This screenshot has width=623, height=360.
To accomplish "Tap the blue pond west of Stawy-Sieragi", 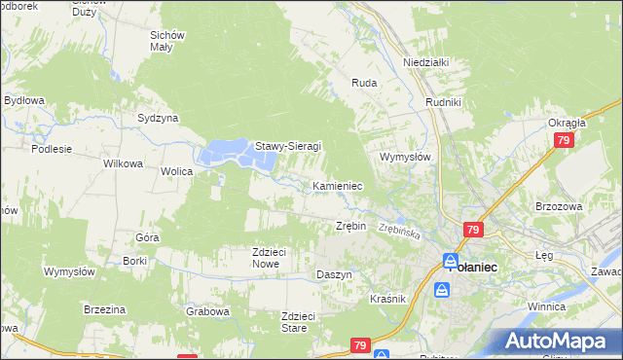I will [225, 154].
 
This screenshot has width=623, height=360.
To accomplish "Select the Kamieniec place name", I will [338, 185].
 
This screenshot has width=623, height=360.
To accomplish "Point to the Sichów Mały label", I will [167, 41].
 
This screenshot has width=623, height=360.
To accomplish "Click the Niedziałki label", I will [425, 62].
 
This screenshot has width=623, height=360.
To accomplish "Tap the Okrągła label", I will [566, 124].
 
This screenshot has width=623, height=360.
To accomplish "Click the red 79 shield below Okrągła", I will [564, 141].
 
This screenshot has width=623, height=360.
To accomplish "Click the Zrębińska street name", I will [399, 233].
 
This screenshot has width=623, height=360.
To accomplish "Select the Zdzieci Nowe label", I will [268, 258].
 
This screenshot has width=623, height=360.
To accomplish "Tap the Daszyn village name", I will [334, 275].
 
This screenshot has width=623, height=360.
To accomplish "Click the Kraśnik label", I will [387, 299].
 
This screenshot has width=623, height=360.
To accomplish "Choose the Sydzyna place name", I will [158, 118].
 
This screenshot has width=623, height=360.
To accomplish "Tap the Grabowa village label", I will [207, 312].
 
